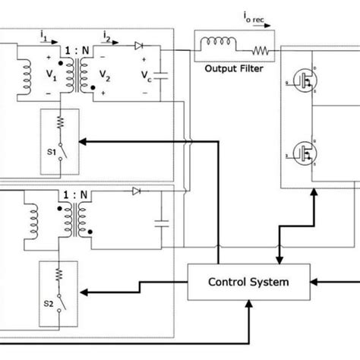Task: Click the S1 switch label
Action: [50, 151]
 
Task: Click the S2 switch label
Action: [50, 302]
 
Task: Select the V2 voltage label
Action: [104, 76]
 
